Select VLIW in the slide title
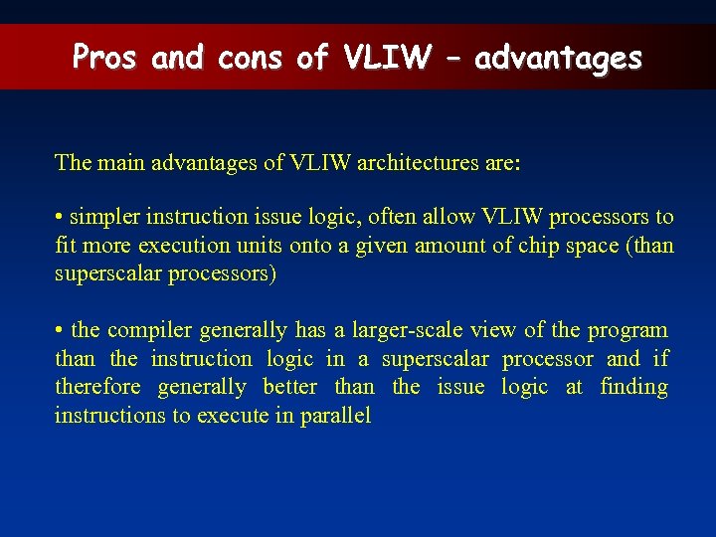(x=387, y=58)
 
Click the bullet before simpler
(x=60, y=217)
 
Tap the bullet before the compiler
(x=60, y=330)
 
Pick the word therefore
(x=94, y=388)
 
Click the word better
(x=290, y=388)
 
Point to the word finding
(x=633, y=388)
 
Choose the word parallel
(x=336, y=417)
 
